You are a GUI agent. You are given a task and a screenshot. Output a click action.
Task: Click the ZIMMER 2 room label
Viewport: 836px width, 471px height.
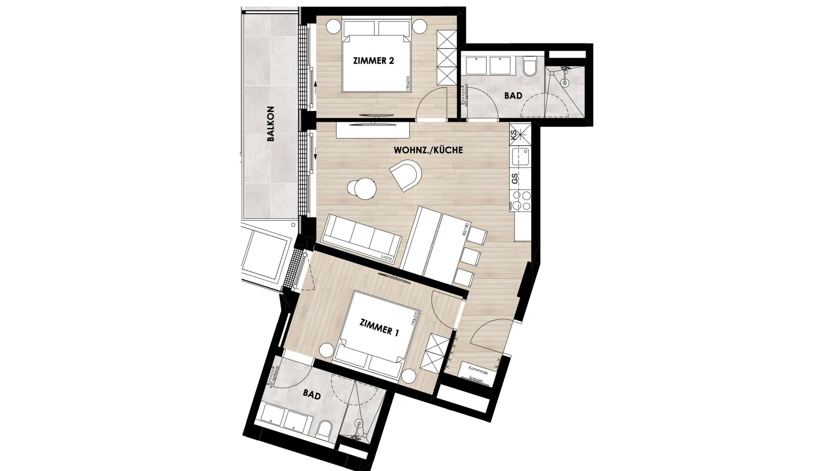pyautogui.click(x=373, y=61)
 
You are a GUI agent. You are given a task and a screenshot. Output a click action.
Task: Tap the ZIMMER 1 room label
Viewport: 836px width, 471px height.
pyautogui.click(x=379, y=328)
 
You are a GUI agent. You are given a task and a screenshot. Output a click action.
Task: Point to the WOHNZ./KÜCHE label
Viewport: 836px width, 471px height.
pyautogui.click(x=428, y=150)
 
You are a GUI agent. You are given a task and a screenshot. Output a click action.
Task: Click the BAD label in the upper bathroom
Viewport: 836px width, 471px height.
pyautogui.click(x=513, y=96)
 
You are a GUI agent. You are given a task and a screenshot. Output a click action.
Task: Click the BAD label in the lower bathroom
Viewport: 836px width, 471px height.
pyautogui.click(x=312, y=396)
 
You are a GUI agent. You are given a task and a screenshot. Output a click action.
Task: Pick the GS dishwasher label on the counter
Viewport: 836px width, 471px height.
pyautogui.click(x=515, y=179)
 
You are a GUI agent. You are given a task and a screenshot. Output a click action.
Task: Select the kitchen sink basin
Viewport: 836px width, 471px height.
pyautogui.click(x=520, y=156)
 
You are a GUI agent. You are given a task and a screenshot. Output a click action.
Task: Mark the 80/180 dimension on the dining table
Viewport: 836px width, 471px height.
pyautogui.click(x=466, y=229)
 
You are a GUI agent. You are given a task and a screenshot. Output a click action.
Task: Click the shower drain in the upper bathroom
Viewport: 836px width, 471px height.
pyautogui.click(x=565, y=82)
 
